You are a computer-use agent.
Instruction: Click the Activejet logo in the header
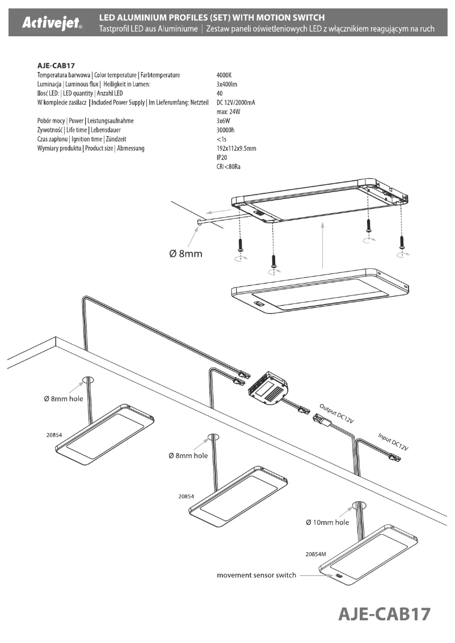[x=51, y=24]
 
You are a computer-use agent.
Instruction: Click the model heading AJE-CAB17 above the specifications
[x=56, y=65]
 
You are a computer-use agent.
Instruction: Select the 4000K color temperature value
[x=225, y=75]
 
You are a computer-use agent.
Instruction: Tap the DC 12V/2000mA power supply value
[x=239, y=102]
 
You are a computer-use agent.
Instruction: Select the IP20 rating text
[x=223, y=158]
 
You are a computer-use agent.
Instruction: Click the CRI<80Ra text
[x=229, y=167]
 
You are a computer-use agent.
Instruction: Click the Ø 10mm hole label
[x=327, y=522]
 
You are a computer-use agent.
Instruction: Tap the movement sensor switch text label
[x=256, y=576]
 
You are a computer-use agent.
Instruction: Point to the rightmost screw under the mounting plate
[x=402, y=242]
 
